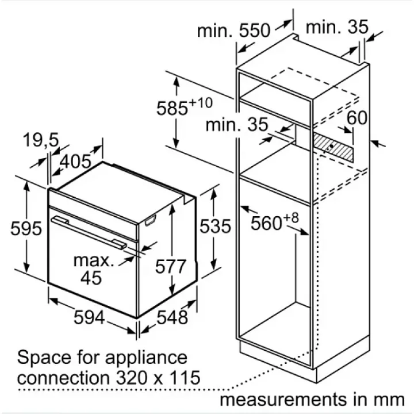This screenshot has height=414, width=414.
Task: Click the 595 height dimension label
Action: point(26,228)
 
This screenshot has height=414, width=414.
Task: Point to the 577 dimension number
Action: point(171,266)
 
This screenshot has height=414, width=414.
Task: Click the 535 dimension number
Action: point(215,226)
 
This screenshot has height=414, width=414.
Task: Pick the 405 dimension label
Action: point(77,161)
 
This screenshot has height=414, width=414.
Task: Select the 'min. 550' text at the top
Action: point(233,32)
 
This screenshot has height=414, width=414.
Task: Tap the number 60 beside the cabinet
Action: point(357,118)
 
